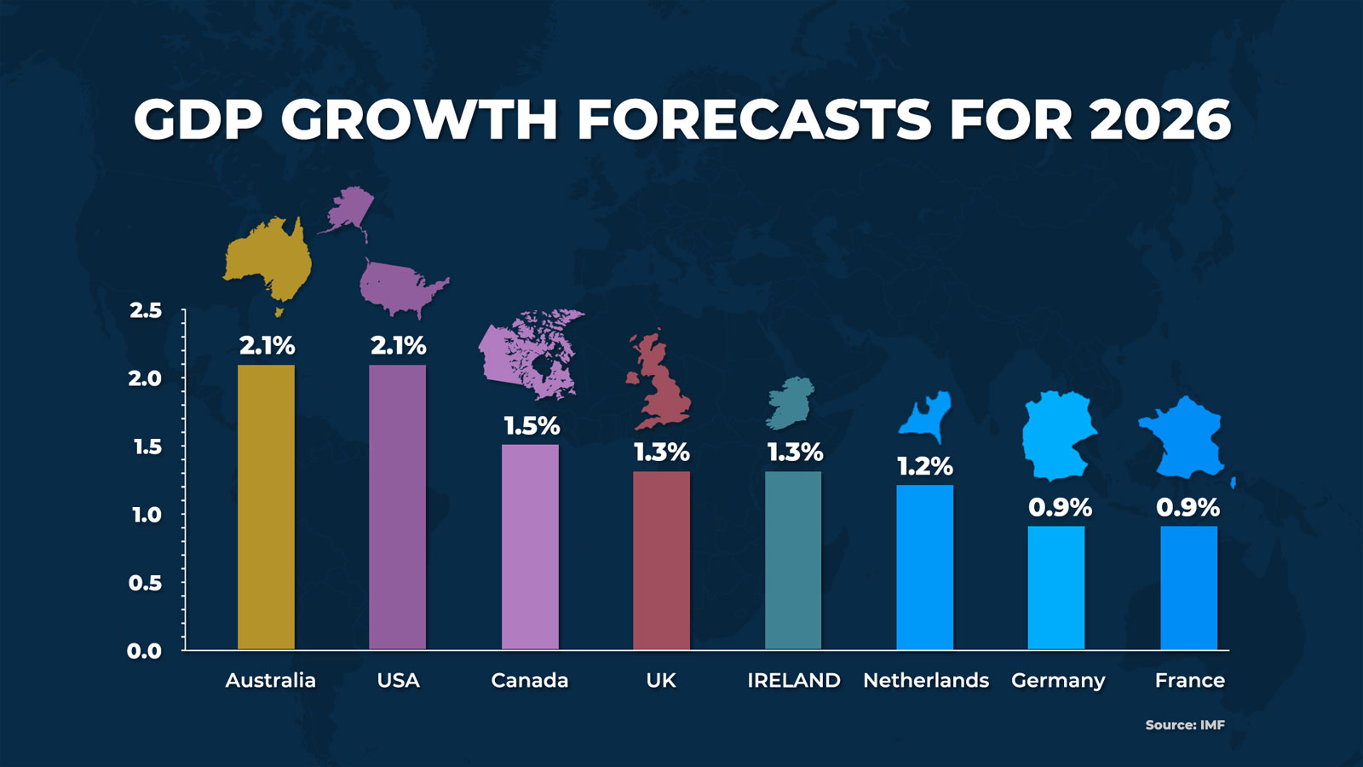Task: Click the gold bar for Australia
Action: coord(266,507)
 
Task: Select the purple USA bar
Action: coord(398,507)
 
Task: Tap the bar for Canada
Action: coord(530,546)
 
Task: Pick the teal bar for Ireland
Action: coord(793,560)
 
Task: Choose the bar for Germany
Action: coord(1056,587)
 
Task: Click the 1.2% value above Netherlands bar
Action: coord(924,466)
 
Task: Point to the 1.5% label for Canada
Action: coord(532,425)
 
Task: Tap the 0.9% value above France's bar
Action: coord(1188,507)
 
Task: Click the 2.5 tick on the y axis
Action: coord(146,310)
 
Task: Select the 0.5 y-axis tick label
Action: coord(145,583)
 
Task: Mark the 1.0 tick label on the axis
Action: coord(146,515)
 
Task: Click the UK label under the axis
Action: coord(661,680)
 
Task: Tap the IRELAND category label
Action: coord(793,680)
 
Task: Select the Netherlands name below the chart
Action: coord(926,680)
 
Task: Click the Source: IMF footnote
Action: coord(1185,724)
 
